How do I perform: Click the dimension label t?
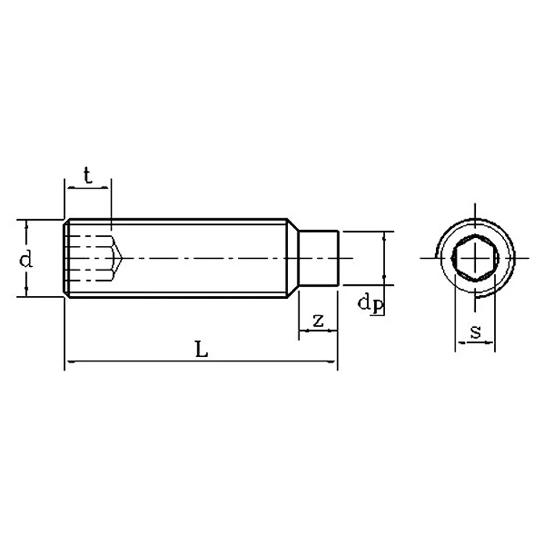(88, 175)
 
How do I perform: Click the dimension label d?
(26, 258)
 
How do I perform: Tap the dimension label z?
(318, 320)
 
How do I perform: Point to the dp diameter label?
(370, 303)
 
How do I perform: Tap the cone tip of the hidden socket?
(121, 258)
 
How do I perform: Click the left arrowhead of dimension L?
(68, 360)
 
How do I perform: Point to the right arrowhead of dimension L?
(334, 360)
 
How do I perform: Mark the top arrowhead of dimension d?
(26, 224)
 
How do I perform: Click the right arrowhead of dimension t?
(108, 187)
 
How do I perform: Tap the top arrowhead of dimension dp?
(384, 235)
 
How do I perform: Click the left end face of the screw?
(65, 258)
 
